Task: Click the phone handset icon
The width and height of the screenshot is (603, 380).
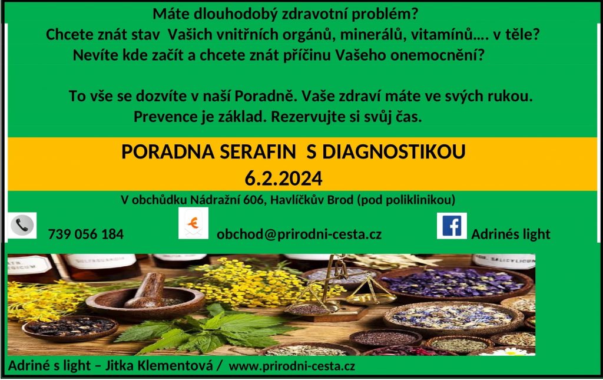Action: coord(22,226)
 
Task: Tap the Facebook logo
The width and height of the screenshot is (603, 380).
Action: coord(452,226)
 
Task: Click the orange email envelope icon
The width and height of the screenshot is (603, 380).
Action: coord(193,223)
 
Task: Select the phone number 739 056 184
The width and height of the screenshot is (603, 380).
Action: coord(86,234)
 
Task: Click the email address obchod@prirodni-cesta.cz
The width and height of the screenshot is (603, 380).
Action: coord(299,234)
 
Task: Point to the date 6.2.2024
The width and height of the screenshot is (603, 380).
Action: coord(283,179)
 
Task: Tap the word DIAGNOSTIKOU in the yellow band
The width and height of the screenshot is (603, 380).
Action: coord(394,151)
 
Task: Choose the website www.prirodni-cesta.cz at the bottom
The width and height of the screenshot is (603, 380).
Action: coord(292,366)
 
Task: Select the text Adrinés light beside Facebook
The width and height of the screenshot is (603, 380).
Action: coord(511,234)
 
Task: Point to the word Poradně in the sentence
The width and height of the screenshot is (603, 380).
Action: coord(266,96)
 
